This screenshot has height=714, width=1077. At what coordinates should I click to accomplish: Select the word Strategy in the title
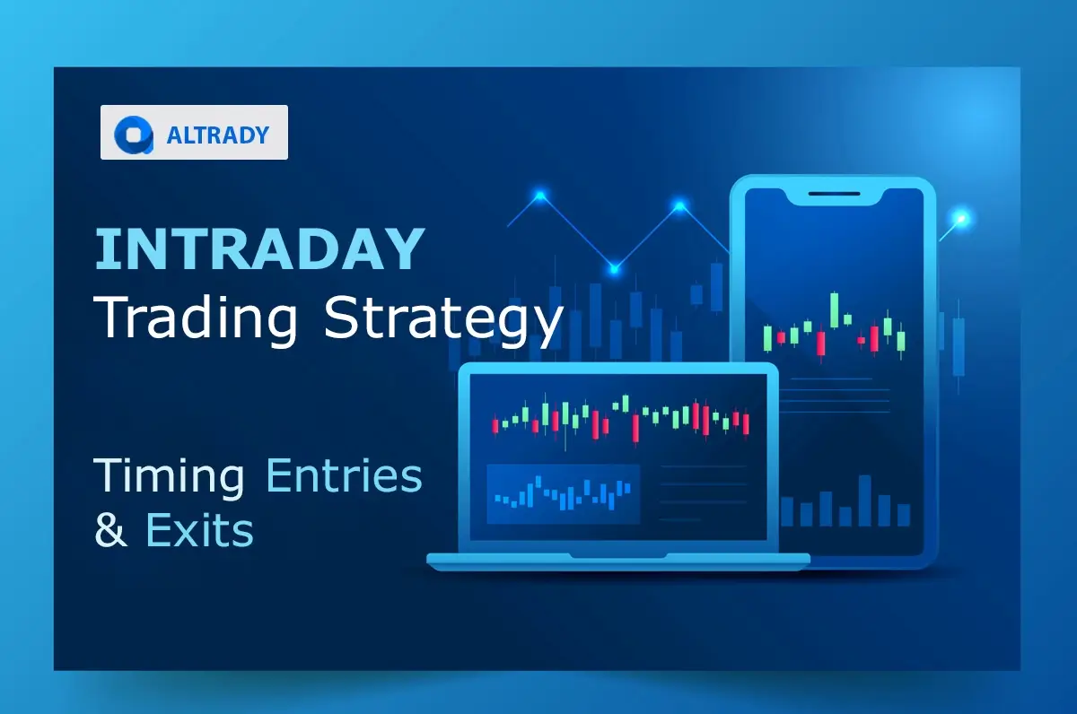point(444,319)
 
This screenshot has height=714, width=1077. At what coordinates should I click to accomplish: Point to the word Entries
point(344,475)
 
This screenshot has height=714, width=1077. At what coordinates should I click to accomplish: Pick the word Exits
point(199,530)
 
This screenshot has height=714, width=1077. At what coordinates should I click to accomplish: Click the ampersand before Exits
point(110,530)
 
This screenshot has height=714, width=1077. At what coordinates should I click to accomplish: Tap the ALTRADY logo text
point(218,135)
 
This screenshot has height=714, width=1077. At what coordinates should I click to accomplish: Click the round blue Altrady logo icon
point(135,134)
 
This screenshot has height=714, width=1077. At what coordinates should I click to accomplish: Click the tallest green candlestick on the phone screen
point(835,310)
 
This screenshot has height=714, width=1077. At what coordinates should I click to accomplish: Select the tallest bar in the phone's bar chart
point(864,501)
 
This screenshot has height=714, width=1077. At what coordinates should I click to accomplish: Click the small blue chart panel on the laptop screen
point(563,493)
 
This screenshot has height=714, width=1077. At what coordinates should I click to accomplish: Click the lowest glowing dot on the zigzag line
point(614,267)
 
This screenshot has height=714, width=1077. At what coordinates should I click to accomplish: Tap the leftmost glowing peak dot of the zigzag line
point(540,195)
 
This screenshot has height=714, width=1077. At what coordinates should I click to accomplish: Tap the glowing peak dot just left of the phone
point(679,207)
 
